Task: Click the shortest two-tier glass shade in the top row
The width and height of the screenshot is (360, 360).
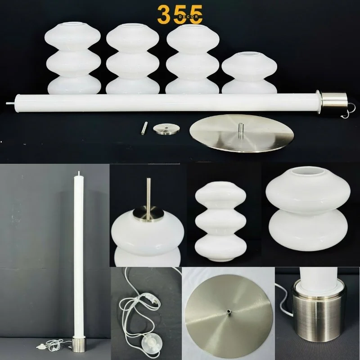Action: click(249, 74)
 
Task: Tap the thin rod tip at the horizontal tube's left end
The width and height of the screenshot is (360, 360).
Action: click(10, 103)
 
